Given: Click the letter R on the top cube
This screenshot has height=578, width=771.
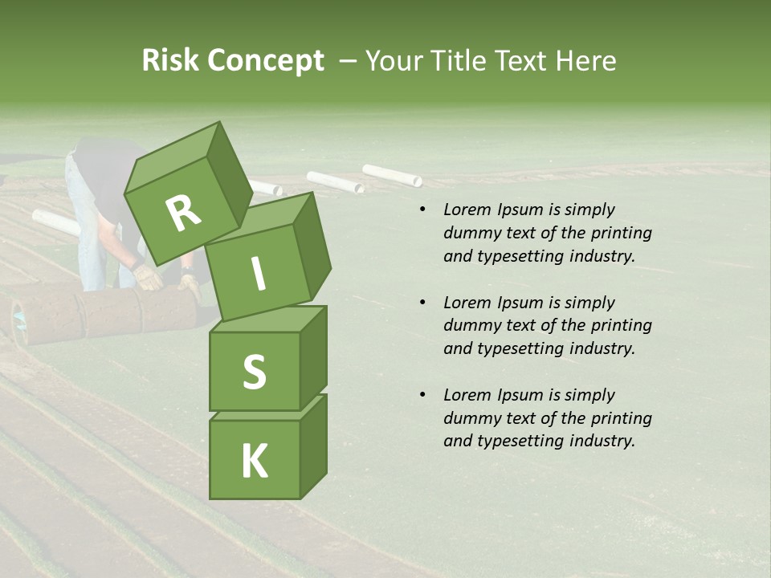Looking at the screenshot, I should tap(183, 213).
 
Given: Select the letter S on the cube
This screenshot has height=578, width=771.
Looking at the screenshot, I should tap(254, 372).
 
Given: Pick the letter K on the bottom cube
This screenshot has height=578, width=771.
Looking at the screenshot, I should tap(254, 462).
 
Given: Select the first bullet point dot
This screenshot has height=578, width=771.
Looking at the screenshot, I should tap(422, 210).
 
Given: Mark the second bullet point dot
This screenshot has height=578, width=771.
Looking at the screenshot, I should tap(422, 303).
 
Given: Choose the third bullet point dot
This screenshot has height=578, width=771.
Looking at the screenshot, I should tap(422, 395).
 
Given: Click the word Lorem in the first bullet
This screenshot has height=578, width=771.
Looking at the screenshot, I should tap(467, 210).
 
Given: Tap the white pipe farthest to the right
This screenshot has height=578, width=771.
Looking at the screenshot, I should tap(392, 175).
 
